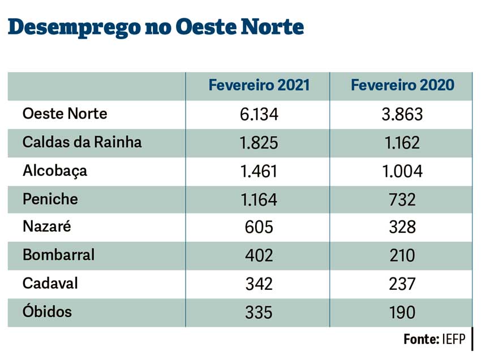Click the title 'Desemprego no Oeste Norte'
coord(156,27)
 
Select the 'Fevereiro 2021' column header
coord(259,85)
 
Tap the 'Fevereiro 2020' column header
coord(402,85)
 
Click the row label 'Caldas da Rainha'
coord(82,142)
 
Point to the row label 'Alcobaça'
coord(55,171)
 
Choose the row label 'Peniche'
coord(50,199)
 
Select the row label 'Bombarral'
coord(58,255)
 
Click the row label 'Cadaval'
coord(50,283)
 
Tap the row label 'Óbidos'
coord(47,311)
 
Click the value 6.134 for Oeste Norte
coord(259,115)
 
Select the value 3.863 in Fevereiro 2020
coord(402,115)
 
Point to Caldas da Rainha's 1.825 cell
coord(259,143)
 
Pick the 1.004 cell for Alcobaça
coord(402,171)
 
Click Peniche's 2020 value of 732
coord(402,199)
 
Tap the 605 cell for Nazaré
coord(259,227)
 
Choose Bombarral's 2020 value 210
coord(402,255)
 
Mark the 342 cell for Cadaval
coord(259,284)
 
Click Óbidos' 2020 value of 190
coord(402,312)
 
